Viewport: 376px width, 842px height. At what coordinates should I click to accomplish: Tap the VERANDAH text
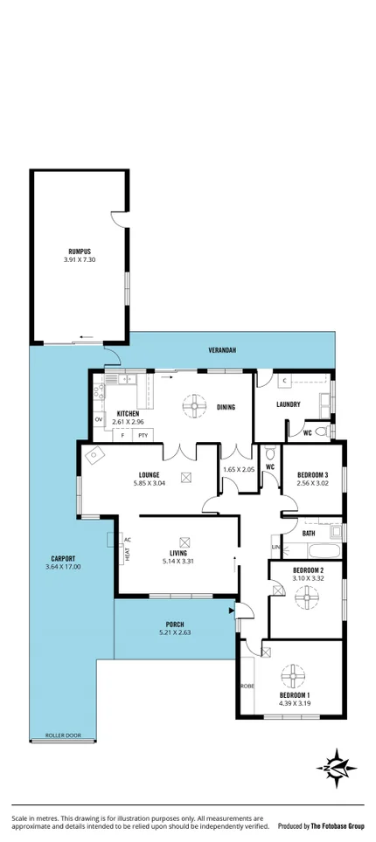pyautogui.click(x=222, y=350)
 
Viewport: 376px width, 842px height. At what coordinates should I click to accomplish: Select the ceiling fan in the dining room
pyautogui.click(x=191, y=405)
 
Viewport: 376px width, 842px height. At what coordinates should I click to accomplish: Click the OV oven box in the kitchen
pyautogui.click(x=98, y=420)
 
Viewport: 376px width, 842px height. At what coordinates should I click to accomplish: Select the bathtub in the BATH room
pyautogui.click(x=313, y=551)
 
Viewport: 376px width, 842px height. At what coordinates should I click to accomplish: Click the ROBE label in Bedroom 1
pyautogui.click(x=247, y=686)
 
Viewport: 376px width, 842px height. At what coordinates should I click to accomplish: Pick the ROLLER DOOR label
pyautogui.click(x=63, y=735)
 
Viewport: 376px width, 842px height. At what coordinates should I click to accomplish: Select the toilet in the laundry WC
pyautogui.click(x=321, y=432)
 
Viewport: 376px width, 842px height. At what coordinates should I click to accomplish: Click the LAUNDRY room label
pyautogui.click(x=289, y=404)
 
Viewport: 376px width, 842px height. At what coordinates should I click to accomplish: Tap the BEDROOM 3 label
pyautogui.click(x=312, y=473)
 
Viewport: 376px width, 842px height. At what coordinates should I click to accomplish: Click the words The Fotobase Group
pyautogui.click(x=331, y=825)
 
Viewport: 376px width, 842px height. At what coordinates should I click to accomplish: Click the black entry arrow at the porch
pyautogui.click(x=231, y=611)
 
